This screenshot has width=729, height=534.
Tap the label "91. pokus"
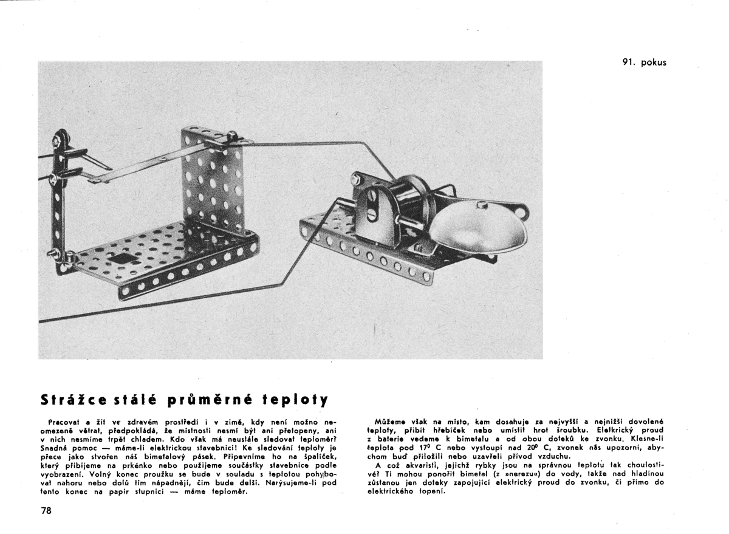tap(644, 62)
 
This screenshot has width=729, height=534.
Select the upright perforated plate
tap(212, 182)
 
